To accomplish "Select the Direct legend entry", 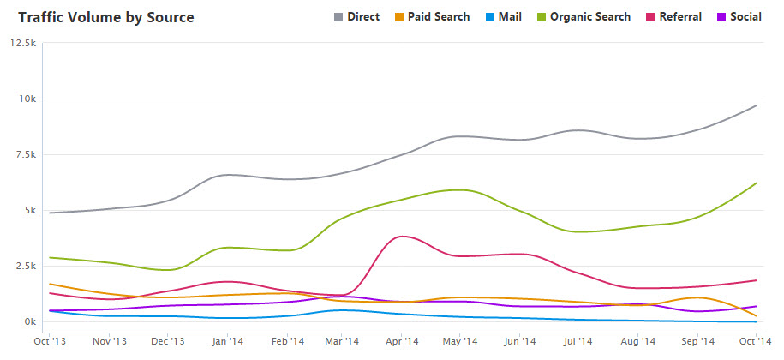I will pos(356,17).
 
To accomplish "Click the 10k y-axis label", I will pos(26,99).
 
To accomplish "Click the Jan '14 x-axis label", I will pos(227,341).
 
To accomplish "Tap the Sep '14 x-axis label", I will pos(699,341).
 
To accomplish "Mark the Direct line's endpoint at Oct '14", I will pos(757,105).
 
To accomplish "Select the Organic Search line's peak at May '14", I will pos(461,189).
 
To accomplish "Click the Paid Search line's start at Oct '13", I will pos(51,284).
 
